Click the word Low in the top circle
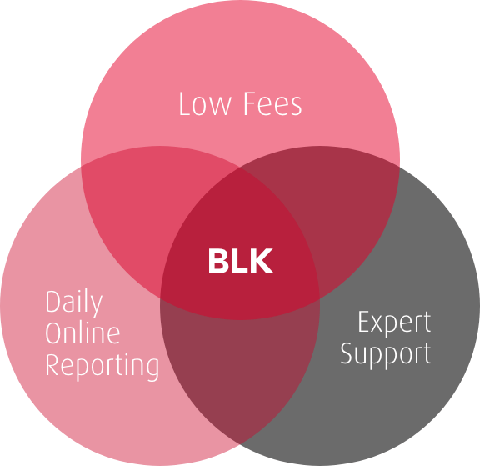click(x=205, y=104)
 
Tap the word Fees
click(x=272, y=104)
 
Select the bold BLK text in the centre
click(x=241, y=261)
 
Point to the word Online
click(x=82, y=333)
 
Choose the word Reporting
click(x=102, y=366)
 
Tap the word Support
click(x=386, y=354)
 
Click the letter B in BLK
click(x=218, y=261)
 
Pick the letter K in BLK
click(x=262, y=261)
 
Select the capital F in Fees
click(x=250, y=103)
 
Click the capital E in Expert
click(x=363, y=321)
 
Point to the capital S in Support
click(x=347, y=353)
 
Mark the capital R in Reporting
click(x=52, y=364)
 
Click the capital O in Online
click(x=53, y=333)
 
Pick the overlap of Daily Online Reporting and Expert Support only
click(x=240, y=368)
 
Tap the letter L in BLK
click(x=239, y=261)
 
